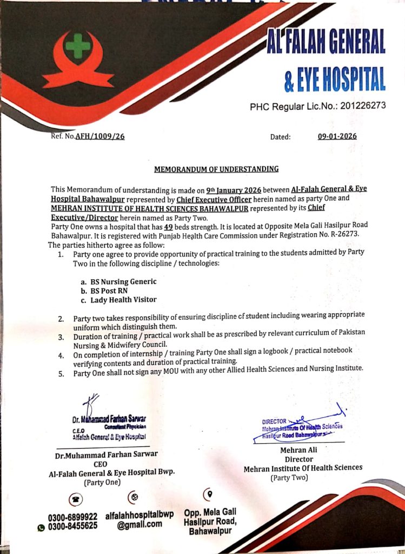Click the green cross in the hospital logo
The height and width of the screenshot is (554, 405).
tap(78, 45)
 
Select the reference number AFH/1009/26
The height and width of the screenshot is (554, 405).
tap(101, 137)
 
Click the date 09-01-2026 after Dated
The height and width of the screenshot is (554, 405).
tap(337, 137)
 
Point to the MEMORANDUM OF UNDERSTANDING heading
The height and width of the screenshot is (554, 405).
tap(216, 169)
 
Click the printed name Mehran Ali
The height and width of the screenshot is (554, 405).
tap(298, 450)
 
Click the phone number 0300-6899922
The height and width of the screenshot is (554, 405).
tap(72, 517)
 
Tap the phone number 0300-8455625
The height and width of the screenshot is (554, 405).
tap(72, 526)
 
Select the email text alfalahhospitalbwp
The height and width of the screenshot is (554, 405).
tap(140, 515)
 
